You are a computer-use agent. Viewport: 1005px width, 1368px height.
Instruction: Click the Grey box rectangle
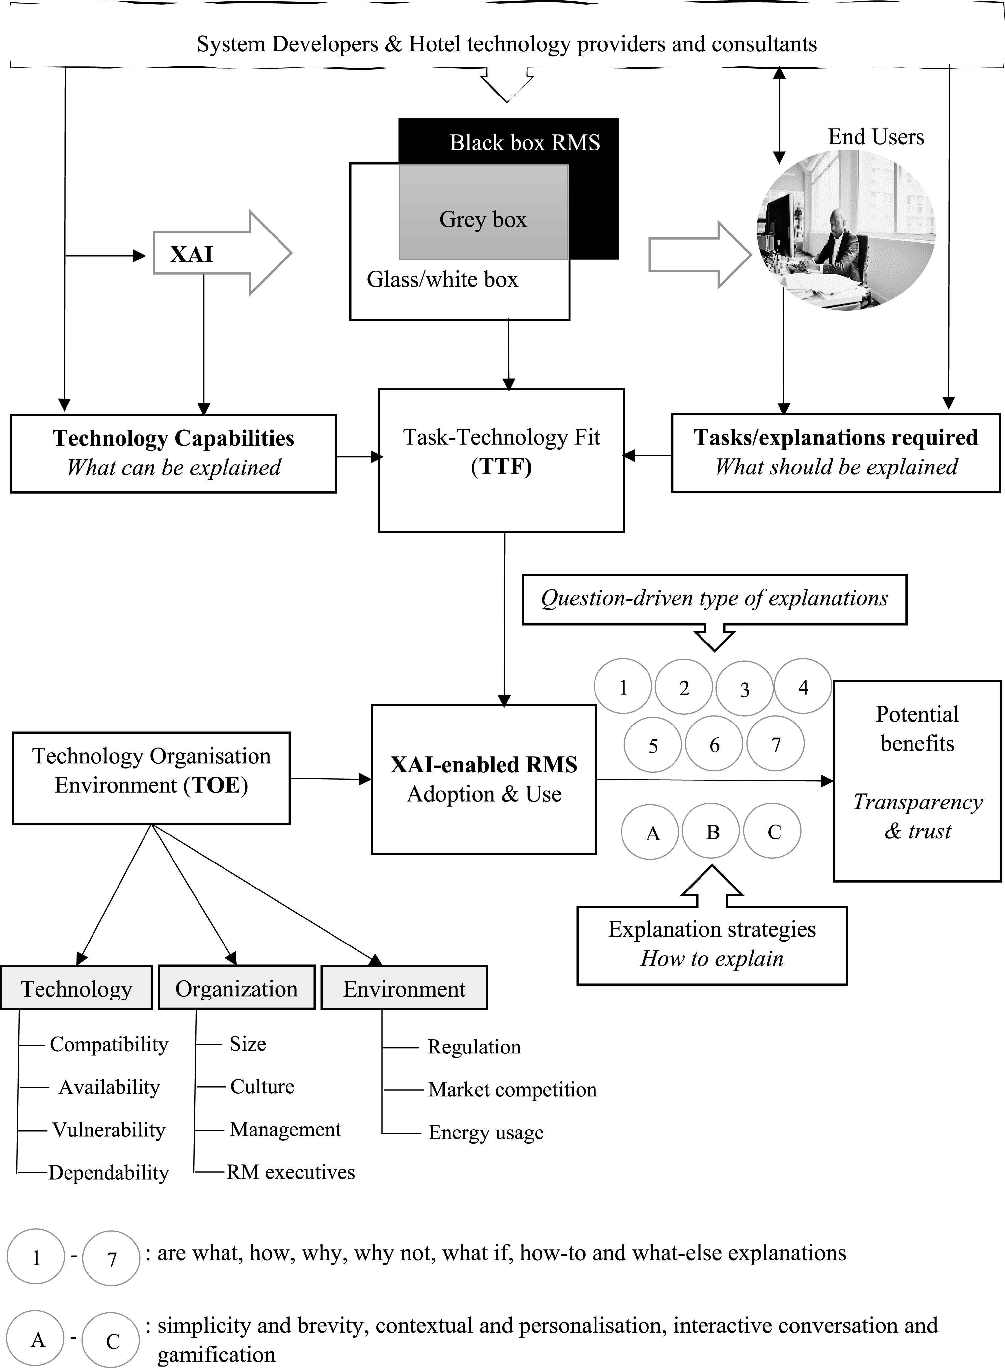[x=484, y=212]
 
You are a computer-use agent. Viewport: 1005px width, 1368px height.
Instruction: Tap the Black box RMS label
[x=524, y=142]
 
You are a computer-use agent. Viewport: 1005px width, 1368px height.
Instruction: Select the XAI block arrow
[x=223, y=253]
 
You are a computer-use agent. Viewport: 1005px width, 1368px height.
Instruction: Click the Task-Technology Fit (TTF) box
[x=501, y=460]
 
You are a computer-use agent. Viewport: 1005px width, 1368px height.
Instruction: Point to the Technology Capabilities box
[x=173, y=453]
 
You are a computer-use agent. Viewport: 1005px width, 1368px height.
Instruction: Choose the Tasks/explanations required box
[x=836, y=453]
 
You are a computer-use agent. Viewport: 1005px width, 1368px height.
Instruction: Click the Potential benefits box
[x=917, y=781]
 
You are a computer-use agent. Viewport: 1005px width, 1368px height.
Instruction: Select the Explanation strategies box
[x=712, y=945]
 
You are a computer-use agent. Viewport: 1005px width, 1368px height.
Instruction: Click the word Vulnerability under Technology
[x=109, y=1130]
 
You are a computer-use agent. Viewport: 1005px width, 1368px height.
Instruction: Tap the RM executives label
[x=291, y=1171]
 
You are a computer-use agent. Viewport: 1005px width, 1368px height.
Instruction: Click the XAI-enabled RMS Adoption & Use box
[x=484, y=779]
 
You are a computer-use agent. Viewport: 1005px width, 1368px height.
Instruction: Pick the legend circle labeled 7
[x=111, y=1258]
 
